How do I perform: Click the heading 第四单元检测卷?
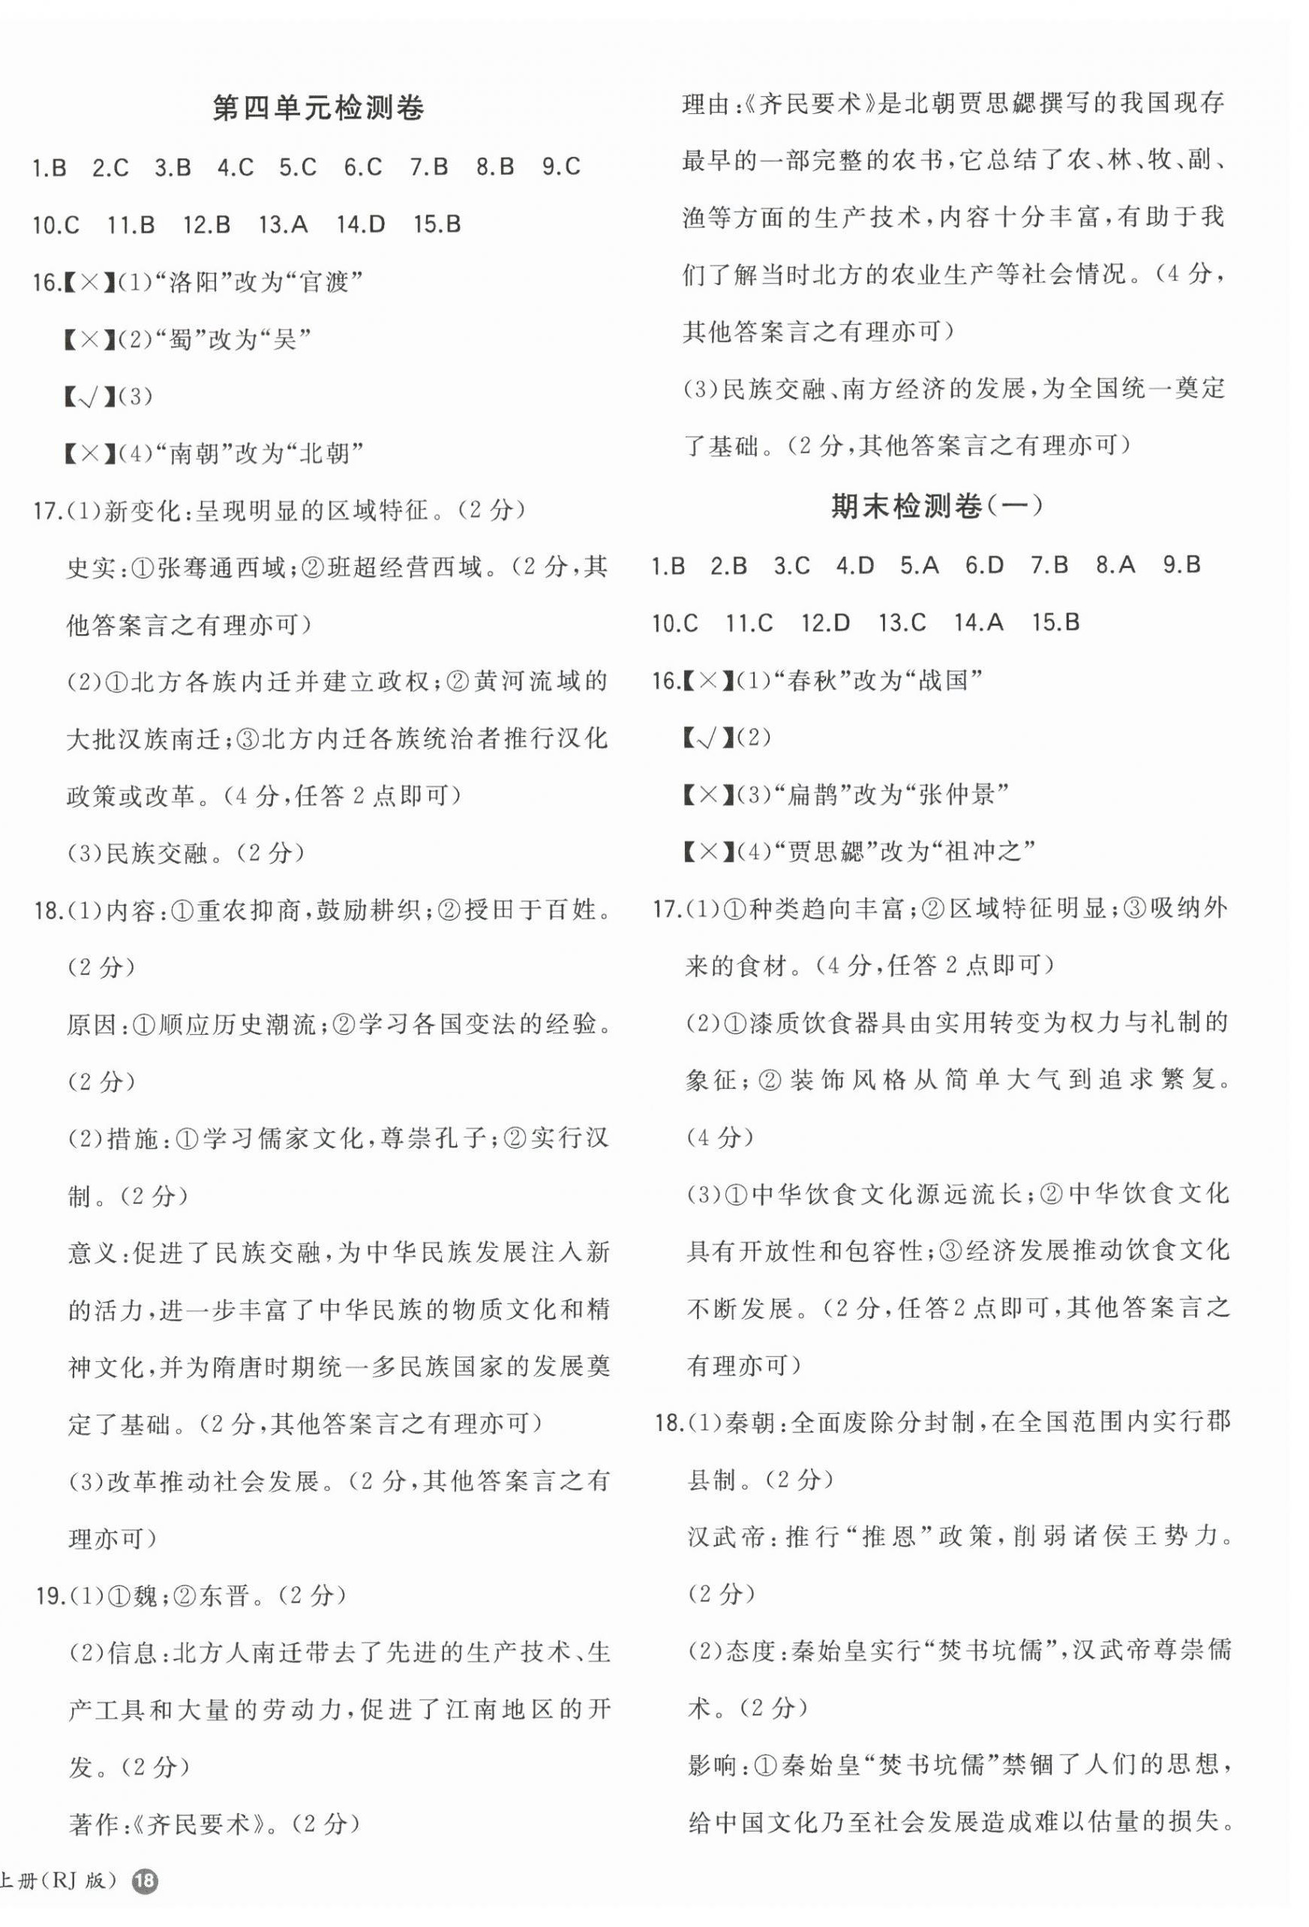coord(318,110)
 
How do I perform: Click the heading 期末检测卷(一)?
coord(936,506)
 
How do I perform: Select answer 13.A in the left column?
coord(283,224)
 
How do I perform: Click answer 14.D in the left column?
coord(361,224)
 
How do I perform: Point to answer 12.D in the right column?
coord(825,623)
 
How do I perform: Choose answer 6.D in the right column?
coord(984,566)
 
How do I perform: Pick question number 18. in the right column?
coord(668,1423)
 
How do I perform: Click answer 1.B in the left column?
coord(49,167)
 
